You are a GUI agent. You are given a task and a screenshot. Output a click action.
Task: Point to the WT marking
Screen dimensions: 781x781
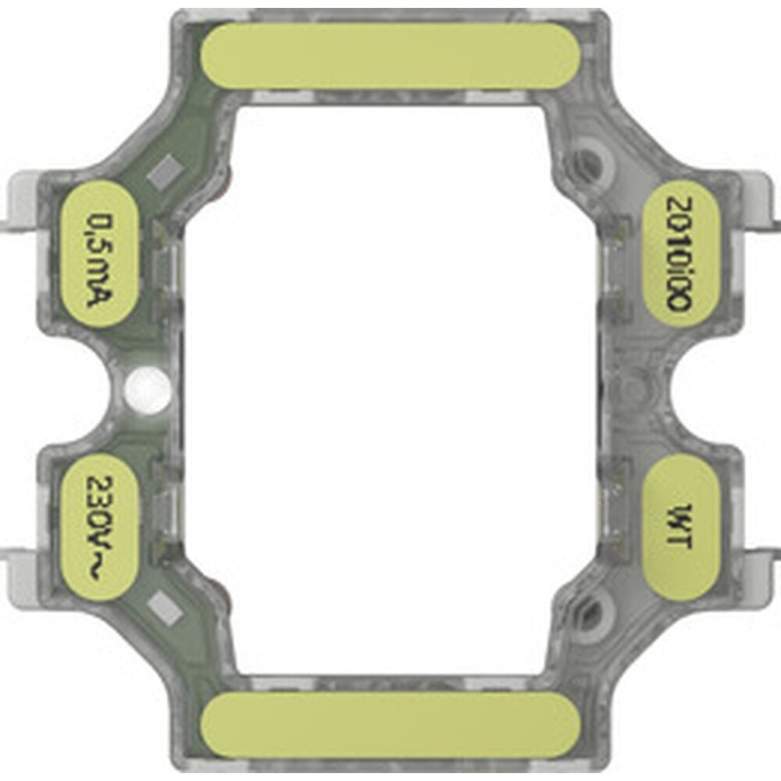click(680, 528)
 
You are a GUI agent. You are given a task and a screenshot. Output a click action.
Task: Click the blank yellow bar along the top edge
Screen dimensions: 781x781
click(390, 55)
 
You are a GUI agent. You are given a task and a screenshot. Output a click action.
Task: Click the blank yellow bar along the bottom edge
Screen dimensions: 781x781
click(390, 724)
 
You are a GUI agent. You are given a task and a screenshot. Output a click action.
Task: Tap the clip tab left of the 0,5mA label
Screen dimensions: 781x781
click(20, 205)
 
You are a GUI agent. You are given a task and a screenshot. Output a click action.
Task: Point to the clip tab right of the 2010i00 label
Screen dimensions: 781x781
click(761, 205)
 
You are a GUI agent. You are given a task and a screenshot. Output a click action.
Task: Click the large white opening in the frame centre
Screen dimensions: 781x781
click(390, 390)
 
